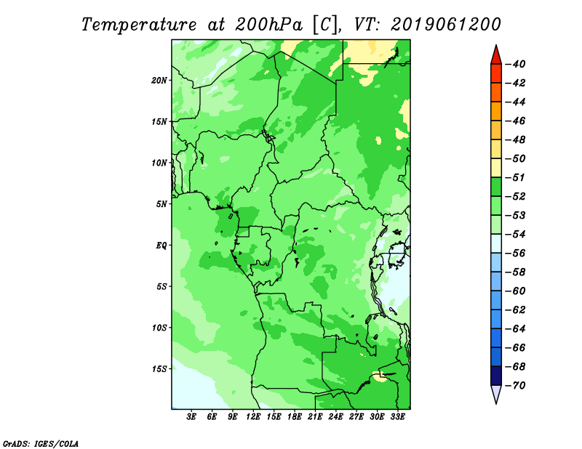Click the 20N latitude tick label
[159, 81]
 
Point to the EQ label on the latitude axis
[162, 246]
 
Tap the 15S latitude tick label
[159, 369]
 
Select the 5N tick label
[162, 204]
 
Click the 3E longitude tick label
[191, 417]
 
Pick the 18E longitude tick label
[295, 417]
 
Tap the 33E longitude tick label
[397, 417]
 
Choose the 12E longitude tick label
[253, 417]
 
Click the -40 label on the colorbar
[516, 65]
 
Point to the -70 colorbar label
[516, 386]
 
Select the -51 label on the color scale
[516, 177]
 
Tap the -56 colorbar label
[516, 254]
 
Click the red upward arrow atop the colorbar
[496, 56]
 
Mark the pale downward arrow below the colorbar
[496, 393]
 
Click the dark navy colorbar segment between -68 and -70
[496, 376]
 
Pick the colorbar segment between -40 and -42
[496, 74]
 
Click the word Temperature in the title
[139, 25]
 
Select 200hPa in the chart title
[268, 25]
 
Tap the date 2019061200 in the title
[446, 25]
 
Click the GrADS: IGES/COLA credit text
[41, 444]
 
